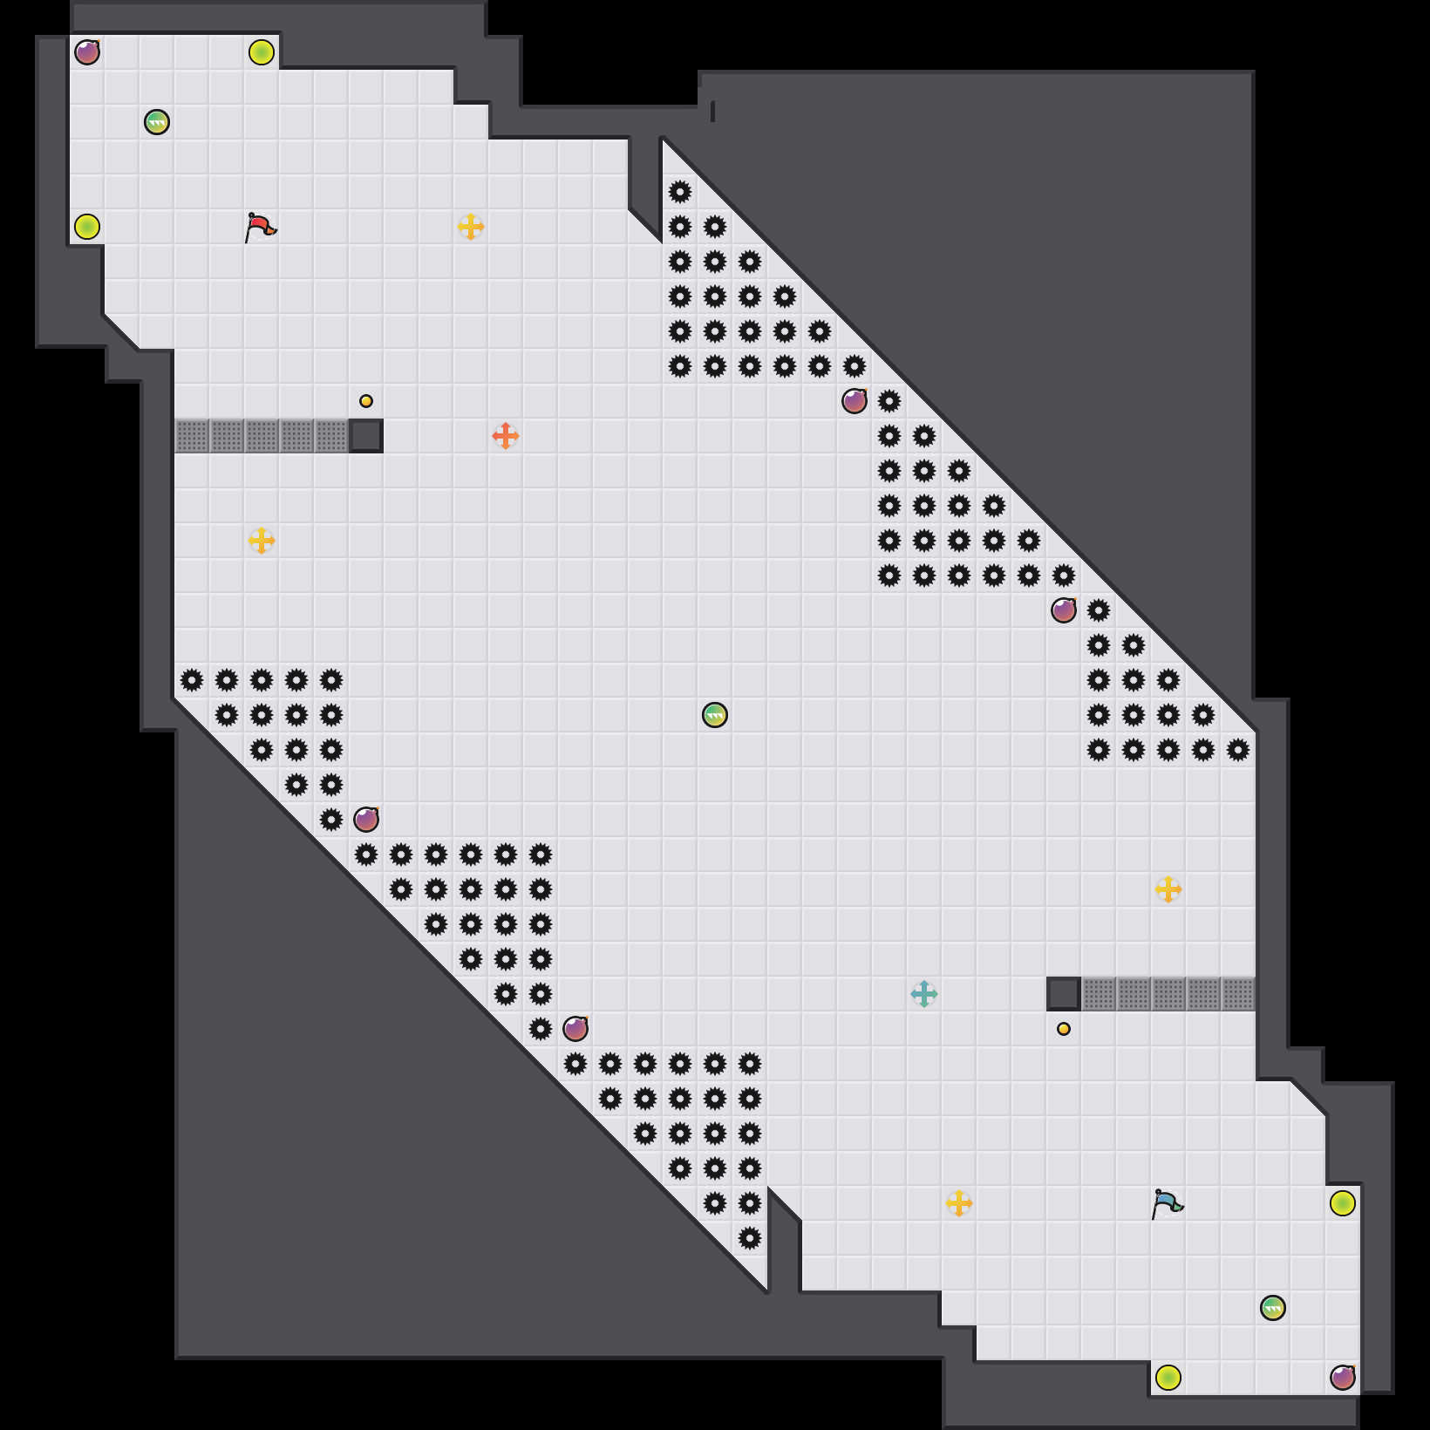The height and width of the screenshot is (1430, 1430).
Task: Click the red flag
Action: [x=260, y=227]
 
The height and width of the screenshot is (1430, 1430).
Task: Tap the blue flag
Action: [x=1167, y=1203]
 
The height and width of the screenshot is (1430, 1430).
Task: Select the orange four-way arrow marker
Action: [x=506, y=435]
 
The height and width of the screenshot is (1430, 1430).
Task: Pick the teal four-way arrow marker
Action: [x=924, y=994]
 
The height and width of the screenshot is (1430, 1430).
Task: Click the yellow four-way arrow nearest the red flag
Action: [x=471, y=227]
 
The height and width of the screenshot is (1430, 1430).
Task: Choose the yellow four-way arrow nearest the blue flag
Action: [x=959, y=1203]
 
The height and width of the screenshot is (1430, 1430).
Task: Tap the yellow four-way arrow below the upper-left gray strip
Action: [x=262, y=541]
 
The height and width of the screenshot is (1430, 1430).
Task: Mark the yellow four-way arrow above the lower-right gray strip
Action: [x=1168, y=889]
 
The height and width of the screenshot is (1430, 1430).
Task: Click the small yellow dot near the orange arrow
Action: [x=366, y=401]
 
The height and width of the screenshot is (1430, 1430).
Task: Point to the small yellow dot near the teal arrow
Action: [x=1064, y=1029]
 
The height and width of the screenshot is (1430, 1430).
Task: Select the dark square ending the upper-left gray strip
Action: [x=366, y=436]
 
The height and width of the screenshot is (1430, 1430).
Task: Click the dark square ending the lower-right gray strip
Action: [x=1064, y=994]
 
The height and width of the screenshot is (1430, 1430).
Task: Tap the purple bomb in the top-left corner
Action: [x=87, y=52]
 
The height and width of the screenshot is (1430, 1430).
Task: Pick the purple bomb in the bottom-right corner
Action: [x=1343, y=1378]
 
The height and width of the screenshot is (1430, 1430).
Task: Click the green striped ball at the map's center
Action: [x=715, y=715]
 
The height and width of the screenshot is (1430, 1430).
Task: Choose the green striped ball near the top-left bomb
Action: [x=157, y=122]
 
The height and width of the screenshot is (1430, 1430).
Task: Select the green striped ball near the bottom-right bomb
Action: [x=1273, y=1308]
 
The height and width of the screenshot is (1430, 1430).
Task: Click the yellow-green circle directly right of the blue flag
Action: [x=1343, y=1203]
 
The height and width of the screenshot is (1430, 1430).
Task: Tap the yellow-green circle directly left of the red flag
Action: [x=87, y=227]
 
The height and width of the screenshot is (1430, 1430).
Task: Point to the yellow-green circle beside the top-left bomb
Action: [x=262, y=52]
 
